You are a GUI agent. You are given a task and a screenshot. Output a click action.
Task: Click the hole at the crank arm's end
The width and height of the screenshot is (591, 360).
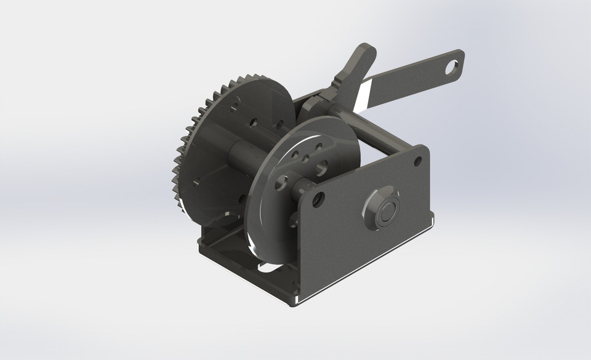point(453,64)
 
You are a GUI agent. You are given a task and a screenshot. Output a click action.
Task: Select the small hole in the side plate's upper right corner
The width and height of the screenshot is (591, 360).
point(418,161)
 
